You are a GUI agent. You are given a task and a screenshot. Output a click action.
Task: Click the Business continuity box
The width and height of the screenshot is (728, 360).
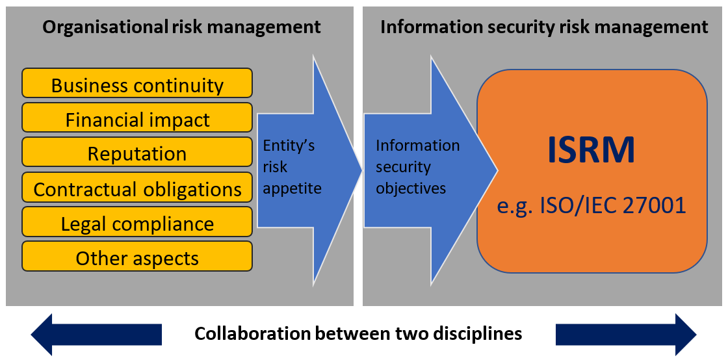pos(137,85)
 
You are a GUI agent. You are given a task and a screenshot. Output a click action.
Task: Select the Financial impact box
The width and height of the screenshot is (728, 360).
pos(137,120)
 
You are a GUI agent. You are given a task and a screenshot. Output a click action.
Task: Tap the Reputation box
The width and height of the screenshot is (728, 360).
pos(137,154)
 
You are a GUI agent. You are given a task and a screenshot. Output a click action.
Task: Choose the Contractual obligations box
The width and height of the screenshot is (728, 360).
pos(137,189)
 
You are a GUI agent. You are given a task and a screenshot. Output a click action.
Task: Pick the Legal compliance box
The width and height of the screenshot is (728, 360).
pos(137,224)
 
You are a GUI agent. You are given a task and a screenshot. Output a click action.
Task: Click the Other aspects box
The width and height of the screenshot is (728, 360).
pos(137,258)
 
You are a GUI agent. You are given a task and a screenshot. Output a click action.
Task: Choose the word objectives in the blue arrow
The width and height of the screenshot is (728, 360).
pos(411,188)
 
